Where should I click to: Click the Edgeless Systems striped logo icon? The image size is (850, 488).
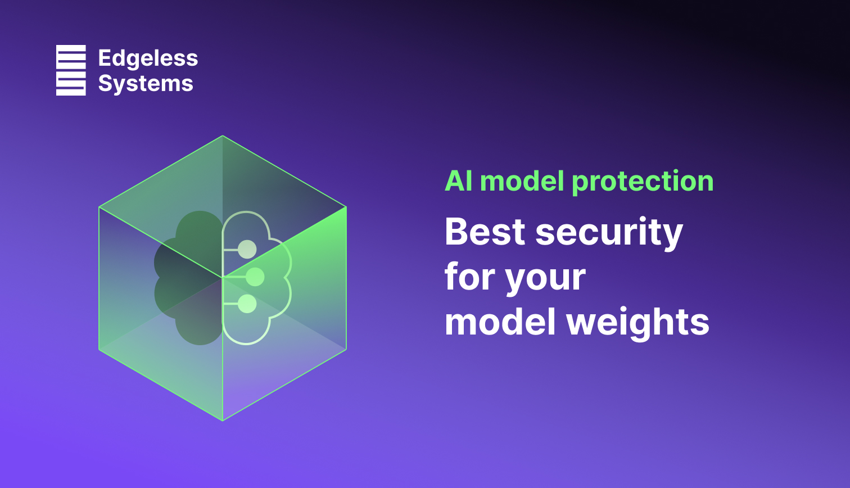coord(71,70)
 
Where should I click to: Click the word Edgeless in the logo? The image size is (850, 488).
coord(148,58)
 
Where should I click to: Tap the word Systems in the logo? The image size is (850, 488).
coord(146,83)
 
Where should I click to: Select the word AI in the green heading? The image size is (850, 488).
coord(459,181)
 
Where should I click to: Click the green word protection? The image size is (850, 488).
coord(643,181)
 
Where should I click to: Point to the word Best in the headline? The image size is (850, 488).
coord(485,232)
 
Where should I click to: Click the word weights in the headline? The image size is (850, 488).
coord(637,323)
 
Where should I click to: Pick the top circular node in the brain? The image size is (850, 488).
coord(247,249)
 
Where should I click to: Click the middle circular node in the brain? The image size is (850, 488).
coord(255,277)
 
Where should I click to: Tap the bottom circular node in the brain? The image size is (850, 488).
coord(247,304)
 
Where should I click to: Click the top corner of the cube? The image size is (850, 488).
coord(223,136)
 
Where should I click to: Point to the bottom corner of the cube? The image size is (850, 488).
coord(223,420)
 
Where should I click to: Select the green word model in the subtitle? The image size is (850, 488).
coord(522,181)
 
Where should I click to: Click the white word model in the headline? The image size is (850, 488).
coord(500,323)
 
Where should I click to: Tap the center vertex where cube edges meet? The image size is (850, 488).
coord(223,277)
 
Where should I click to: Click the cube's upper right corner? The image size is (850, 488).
coord(346,207)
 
